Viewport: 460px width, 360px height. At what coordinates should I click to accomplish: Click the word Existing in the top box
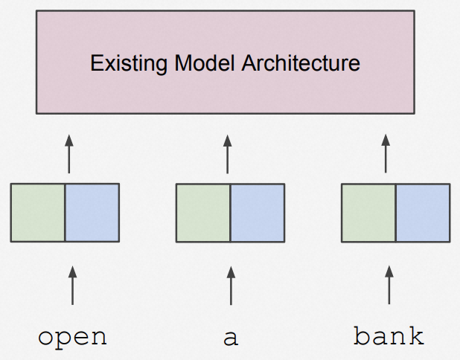pyautogui.click(x=129, y=63)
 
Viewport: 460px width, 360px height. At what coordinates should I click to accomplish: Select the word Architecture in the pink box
pyautogui.click(x=301, y=62)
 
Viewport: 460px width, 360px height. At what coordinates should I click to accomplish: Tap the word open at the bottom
pyautogui.click(x=72, y=338)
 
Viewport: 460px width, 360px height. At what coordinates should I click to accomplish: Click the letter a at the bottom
pyautogui.click(x=231, y=338)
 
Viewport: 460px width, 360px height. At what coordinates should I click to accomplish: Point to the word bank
pyautogui.click(x=389, y=335)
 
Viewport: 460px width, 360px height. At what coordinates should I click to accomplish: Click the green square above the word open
pyautogui.click(x=38, y=213)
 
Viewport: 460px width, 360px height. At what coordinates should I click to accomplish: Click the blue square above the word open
pyautogui.click(x=92, y=213)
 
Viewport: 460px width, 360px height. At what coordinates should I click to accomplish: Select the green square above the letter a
pyautogui.click(x=203, y=213)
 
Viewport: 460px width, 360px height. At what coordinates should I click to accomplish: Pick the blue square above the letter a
pyautogui.click(x=258, y=213)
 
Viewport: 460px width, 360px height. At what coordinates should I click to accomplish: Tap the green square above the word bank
pyautogui.click(x=368, y=213)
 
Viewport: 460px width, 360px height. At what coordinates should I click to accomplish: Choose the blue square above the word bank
pyautogui.click(x=423, y=213)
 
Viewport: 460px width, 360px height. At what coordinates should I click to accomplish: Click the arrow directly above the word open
pyautogui.click(x=72, y=286)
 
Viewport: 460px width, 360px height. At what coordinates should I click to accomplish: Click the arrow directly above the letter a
pyautogui.click(x=231, y=286)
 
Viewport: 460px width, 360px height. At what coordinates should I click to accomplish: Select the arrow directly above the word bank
pyautogui.click(x=389, y=285)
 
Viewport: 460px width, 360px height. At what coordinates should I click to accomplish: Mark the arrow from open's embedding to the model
pyautogui.click(x=69, y=154)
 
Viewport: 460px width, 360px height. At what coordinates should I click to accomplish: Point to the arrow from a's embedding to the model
pyautogui.click(x=227, y=154)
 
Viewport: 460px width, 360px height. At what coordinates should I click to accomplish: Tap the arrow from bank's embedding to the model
pyautogui.click(x=386, y=153)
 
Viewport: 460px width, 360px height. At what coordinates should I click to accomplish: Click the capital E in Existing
pyautogui.click(x=95, y=62)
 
